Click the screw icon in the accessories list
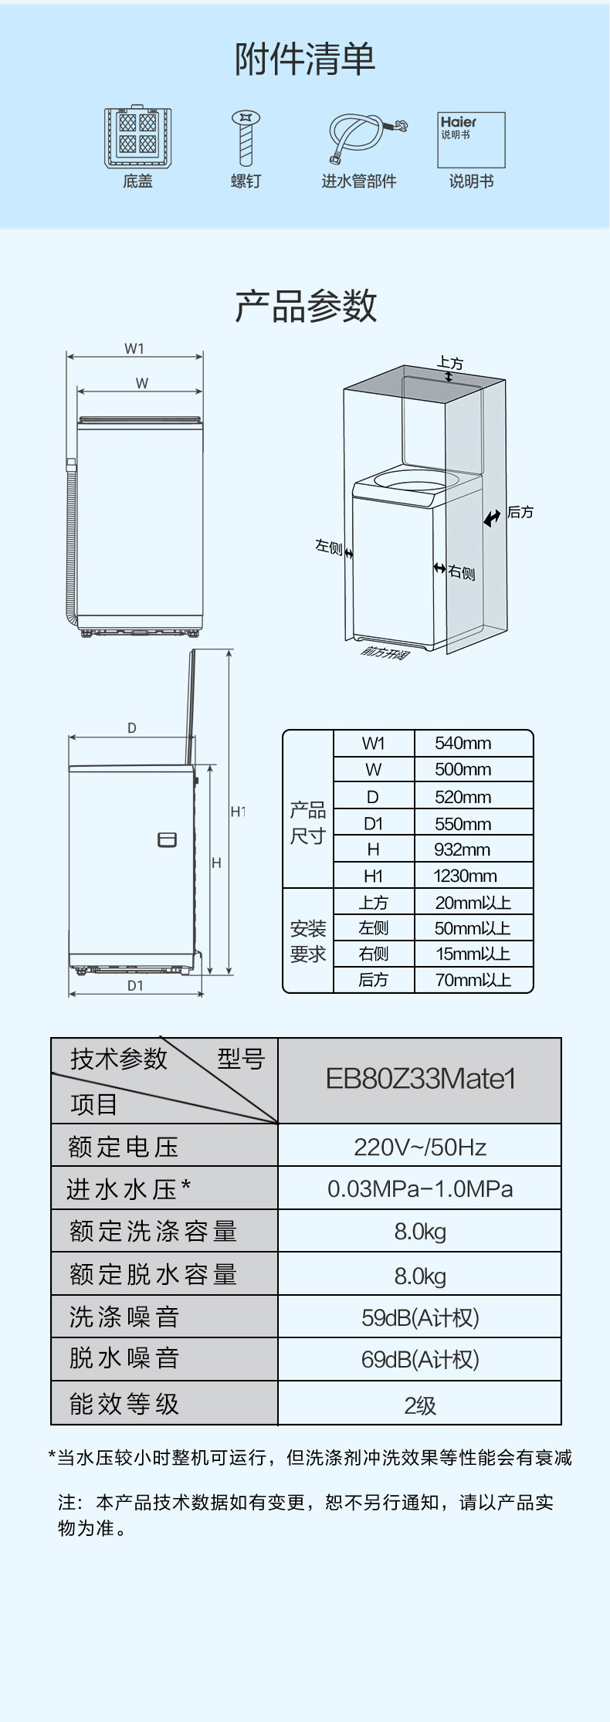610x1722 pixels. [x=246, y=138]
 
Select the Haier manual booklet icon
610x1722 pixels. [x=471, y=140]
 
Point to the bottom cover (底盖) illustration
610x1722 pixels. [x=138, y=137]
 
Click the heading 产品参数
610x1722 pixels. [x=306, y=306]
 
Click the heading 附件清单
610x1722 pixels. [x=305, y=59]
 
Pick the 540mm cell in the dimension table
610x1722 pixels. [x=463, y=743]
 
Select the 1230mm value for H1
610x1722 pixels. [x=465, y=876]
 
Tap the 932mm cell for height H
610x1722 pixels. [x=462, y=849]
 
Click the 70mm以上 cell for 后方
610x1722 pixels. [x=473, y=980]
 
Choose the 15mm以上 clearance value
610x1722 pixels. [x=473, y=954]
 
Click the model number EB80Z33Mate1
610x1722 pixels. [x=420, y=1079]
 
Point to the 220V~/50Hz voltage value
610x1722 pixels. [x=420, y=1147]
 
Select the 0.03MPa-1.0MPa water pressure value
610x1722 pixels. [x=420, y=1188]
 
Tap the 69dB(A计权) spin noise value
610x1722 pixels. [x=420, y=1359]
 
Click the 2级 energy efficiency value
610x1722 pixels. [x=420, y=1405]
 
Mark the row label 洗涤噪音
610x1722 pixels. [x=125, y=1317]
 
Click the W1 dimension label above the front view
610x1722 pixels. [x=134, y=348]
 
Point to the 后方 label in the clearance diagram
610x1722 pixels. [x=520, y=512]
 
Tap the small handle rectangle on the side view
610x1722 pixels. [x=167, y=839]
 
